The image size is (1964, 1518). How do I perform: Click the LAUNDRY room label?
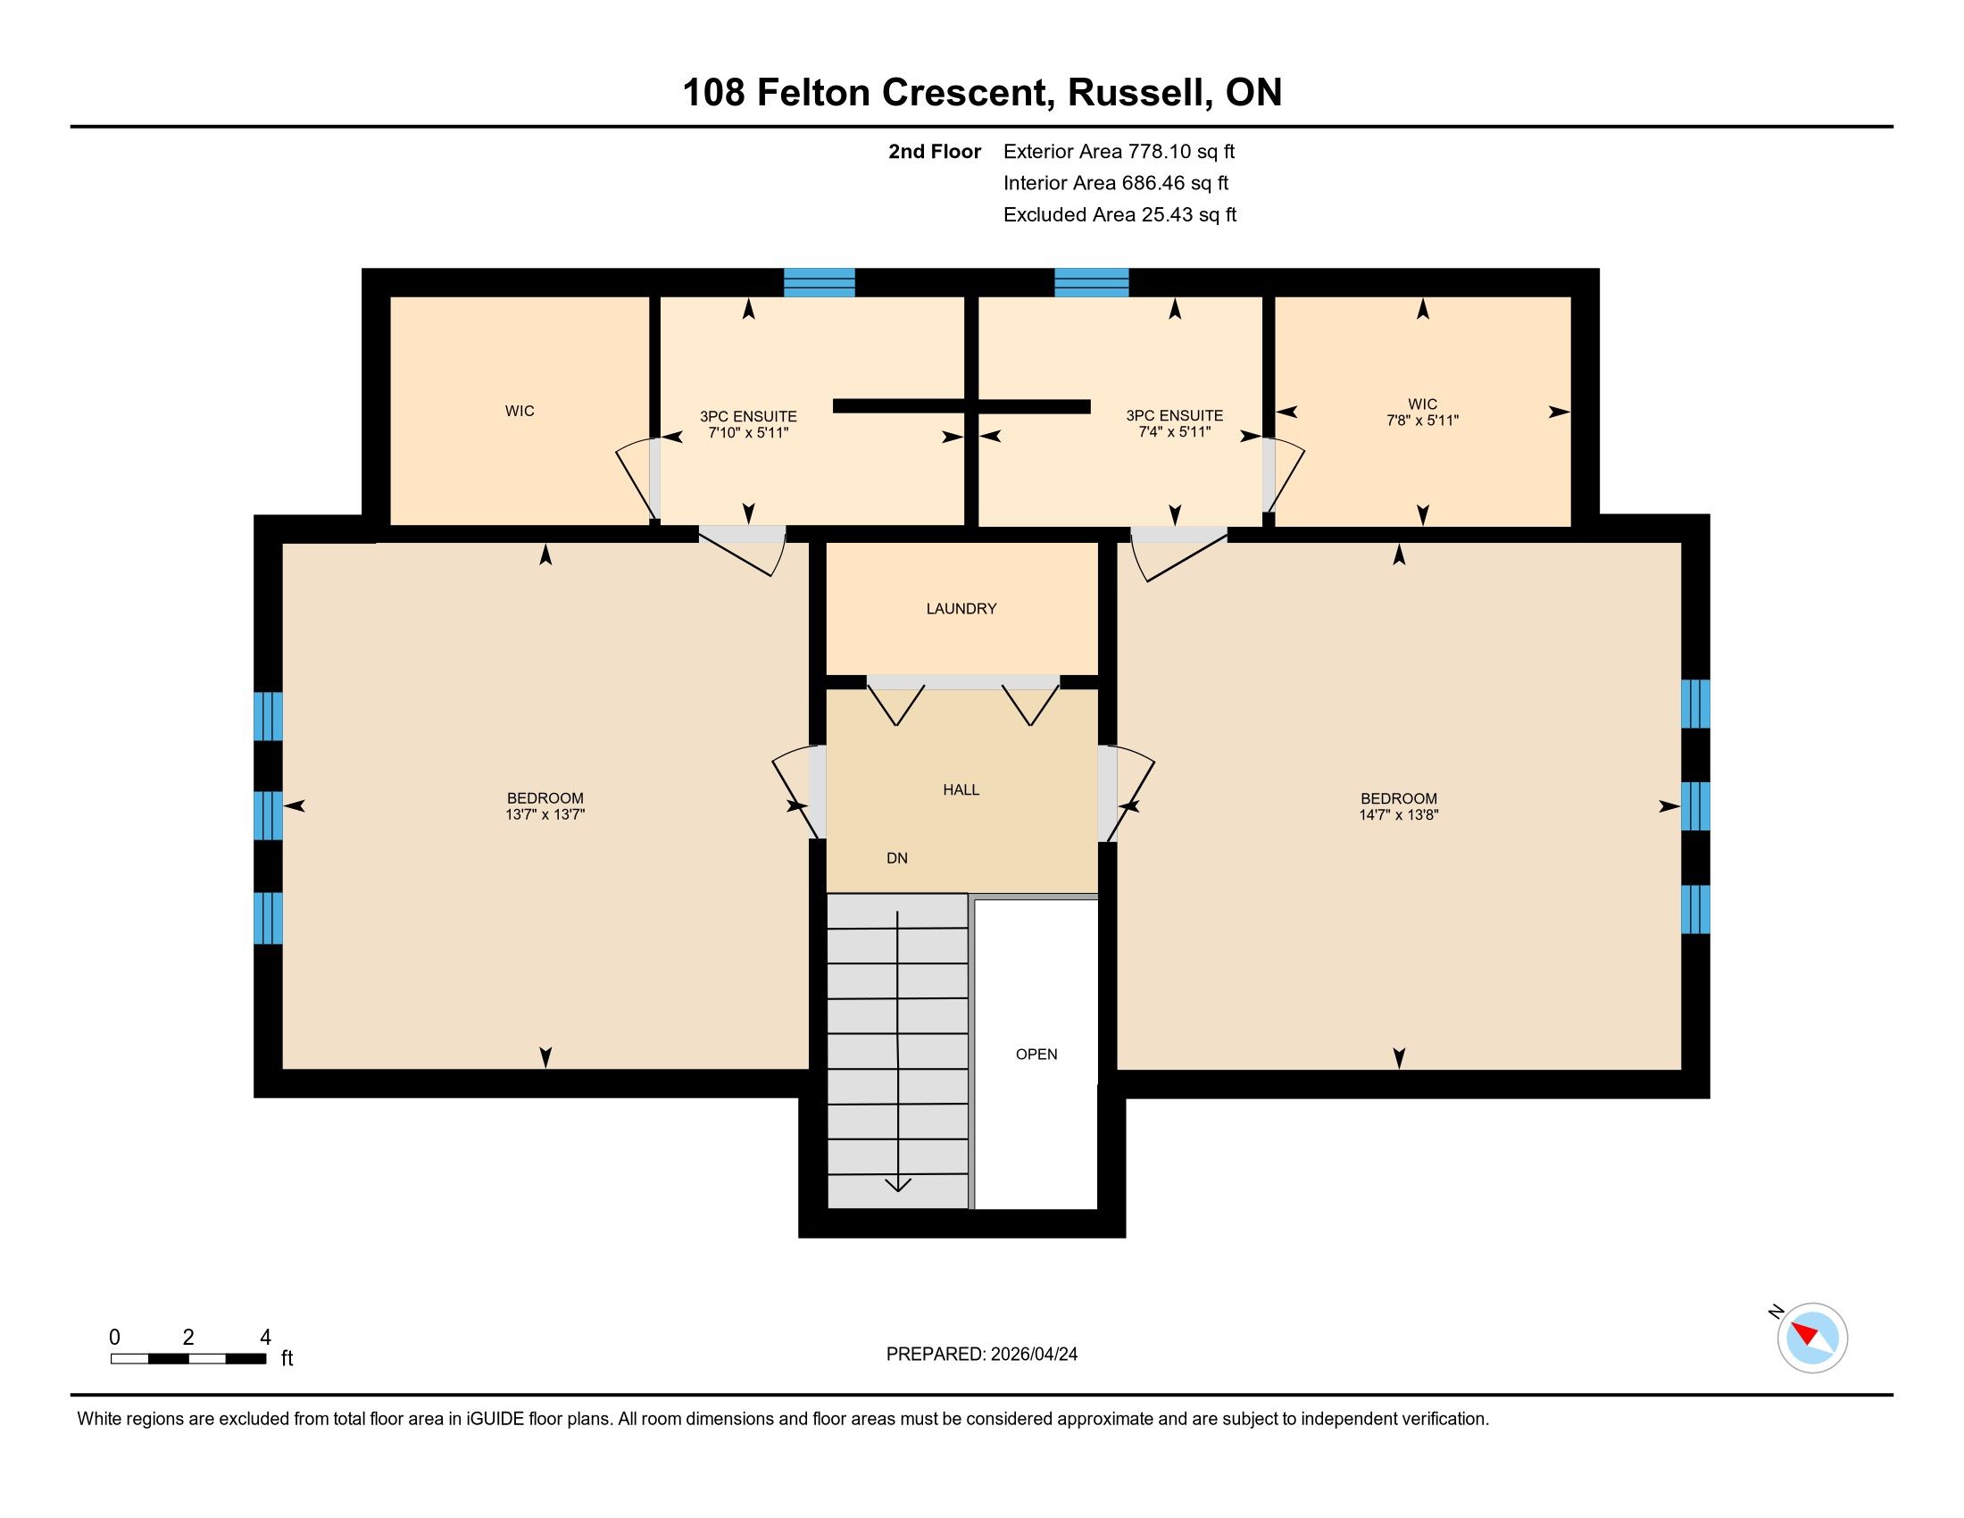tap(961, 609)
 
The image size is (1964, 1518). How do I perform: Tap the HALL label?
tap(961, 789)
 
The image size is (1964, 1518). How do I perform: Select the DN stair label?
tap(896, 858)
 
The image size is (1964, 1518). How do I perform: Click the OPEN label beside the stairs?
tap(1036, 1054)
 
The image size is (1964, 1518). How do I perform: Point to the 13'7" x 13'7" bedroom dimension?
tap(545, 814)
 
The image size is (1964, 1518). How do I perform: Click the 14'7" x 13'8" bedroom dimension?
tap(1398, 814)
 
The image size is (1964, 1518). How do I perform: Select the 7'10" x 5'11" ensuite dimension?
tap(748, 432)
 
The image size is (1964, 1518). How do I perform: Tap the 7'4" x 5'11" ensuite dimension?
tap(1175, 431)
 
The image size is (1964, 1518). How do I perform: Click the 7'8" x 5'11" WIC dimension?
tap(1423, 420)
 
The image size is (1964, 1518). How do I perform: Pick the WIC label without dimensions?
tap(520, 411)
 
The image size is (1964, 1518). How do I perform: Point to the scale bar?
tap(188, 1359)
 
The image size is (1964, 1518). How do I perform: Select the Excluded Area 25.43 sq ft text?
tap(1119, 215)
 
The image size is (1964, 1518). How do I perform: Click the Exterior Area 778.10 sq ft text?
tap(1119, 152)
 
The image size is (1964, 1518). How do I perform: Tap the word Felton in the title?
tap(813, 93)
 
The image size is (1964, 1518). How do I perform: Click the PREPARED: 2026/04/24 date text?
tap(982, 1355)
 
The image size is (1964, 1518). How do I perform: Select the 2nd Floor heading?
tap(935, 152)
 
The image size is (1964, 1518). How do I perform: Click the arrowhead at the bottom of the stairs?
tap(897, 1184)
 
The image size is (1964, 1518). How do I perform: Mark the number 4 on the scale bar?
tap(265, 1338)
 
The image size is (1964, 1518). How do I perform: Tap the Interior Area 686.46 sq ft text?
tap(1116, 183)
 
